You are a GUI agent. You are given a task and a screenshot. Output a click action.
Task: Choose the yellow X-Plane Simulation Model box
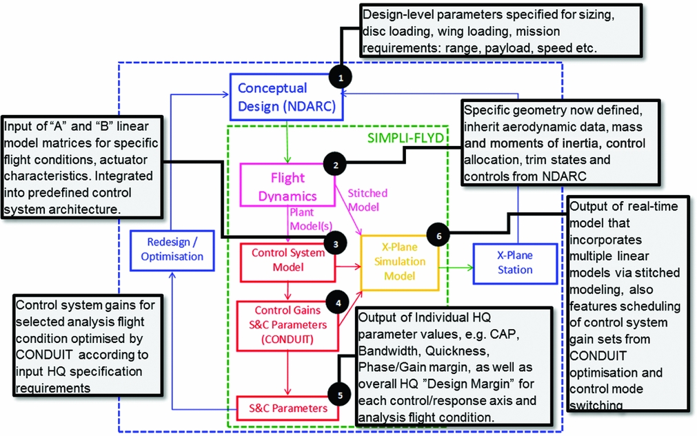coord(398,261)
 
